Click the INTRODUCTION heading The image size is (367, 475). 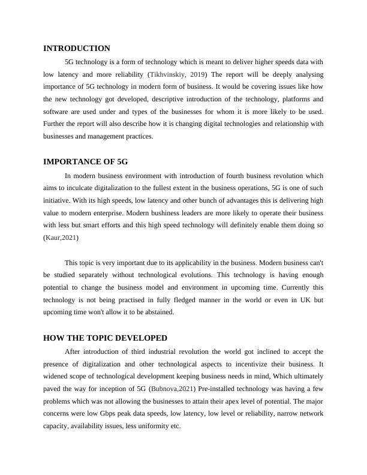[x=77, y=49]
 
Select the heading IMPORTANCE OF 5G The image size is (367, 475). [x=85, y=162]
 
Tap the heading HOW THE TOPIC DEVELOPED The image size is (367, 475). [x=105, y=338]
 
